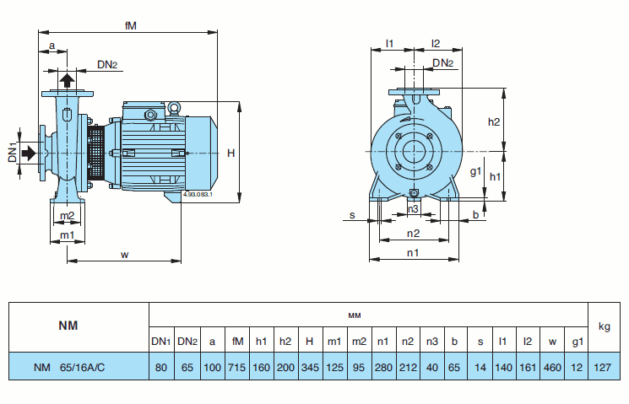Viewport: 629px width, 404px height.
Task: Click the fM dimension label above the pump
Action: pos(130,26)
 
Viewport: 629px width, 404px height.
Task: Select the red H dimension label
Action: pos(230,153)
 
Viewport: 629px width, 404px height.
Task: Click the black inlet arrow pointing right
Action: pos(30,153)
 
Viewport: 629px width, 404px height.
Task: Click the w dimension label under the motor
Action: pos(125,253)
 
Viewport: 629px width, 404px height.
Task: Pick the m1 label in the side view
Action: pos(67,234)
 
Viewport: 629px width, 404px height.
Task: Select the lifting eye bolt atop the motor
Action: pos(175,107)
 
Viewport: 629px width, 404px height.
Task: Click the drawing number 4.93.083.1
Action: pos(197,195)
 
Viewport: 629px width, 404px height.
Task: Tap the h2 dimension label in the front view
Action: pos(495,121)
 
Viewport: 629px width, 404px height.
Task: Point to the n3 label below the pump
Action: pos(413,208)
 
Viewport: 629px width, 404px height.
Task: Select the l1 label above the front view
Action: pos(389,43)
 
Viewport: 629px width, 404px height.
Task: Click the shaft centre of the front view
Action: pos(414,152)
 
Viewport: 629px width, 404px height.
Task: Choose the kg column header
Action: pos(604,326)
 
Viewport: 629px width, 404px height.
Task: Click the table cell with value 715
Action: pos(237,367)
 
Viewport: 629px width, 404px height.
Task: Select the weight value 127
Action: pos(604,367)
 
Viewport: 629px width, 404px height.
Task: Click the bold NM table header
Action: pos(68,326)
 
